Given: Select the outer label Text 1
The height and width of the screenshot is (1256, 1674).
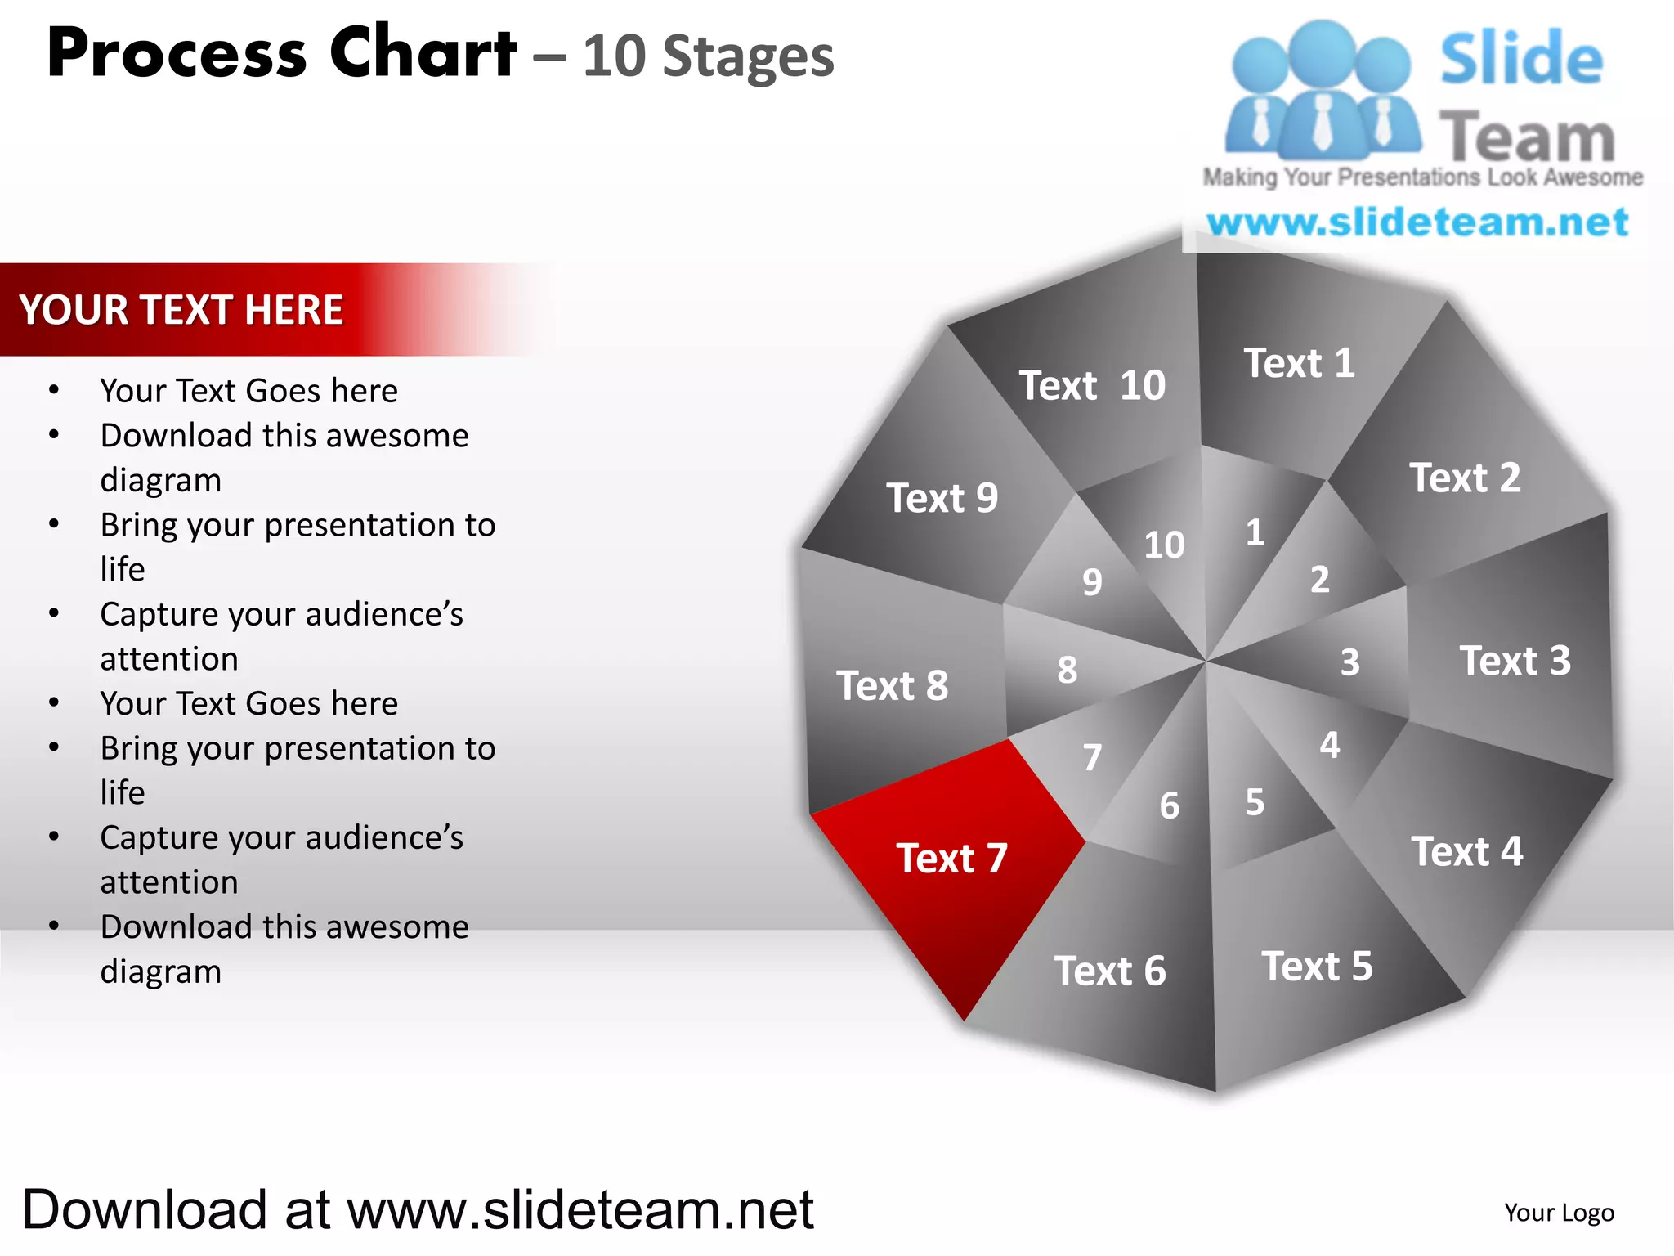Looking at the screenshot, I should coord(1299,364).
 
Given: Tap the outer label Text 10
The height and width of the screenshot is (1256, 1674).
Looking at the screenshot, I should coord(1092,386).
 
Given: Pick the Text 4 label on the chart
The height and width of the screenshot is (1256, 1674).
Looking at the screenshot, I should coord(1467,852).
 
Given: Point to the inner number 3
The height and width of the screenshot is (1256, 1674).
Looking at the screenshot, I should coord(1349,662).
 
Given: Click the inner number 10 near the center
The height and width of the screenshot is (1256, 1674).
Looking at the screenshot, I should coord(1164,545).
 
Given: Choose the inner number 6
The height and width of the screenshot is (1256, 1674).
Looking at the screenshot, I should coord(1170,806).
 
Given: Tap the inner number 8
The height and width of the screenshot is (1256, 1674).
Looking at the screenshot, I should coord(1067,670).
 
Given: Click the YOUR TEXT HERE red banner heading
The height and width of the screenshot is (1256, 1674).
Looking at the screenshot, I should coord(181,310).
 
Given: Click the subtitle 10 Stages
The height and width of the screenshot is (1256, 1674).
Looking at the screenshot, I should coord(708,57).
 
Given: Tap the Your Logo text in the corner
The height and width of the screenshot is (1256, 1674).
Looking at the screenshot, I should coord(1559,1213).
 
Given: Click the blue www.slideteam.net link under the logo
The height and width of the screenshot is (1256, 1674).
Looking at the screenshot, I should coord(1417,222).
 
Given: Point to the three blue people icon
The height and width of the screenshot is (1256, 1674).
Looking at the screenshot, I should coord(1321,90).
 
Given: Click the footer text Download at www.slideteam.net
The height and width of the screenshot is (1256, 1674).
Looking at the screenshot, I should coord(418,1210).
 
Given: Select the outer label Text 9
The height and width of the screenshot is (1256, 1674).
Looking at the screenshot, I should coord(942,498).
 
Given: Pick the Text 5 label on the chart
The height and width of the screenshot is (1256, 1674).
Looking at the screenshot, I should coord(1317,967).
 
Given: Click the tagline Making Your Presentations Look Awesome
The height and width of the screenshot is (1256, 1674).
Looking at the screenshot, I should coord(1422,177).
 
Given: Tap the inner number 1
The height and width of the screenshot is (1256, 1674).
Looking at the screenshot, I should coord(1255,533).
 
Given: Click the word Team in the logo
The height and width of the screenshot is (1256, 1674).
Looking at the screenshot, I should coord(1527,137).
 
